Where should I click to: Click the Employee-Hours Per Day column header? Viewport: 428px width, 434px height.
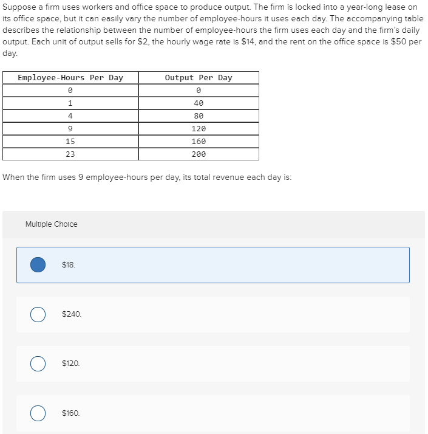70,78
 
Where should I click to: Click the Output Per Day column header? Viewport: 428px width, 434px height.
199,78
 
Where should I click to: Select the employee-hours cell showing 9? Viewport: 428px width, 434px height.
70,129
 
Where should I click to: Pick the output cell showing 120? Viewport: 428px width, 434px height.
199,129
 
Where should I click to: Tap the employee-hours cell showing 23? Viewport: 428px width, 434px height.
70,154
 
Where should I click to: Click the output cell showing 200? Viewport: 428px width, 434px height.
199,154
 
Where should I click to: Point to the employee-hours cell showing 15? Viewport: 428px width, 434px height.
70,142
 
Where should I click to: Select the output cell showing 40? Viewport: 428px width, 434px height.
199,103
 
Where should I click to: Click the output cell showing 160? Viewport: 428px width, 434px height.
199,142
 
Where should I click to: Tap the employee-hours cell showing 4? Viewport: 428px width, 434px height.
70,116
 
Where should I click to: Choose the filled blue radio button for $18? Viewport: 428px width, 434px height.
38,264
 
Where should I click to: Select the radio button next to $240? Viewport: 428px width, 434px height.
38,314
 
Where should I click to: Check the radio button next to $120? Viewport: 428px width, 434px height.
38,363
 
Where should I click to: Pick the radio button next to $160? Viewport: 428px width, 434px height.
38,413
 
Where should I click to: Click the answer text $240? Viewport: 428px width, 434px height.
72,314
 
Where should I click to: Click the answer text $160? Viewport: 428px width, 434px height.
71,413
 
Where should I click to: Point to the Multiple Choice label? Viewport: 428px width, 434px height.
52,224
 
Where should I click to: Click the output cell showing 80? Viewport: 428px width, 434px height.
199,116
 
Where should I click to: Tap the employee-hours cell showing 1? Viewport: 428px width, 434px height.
70,103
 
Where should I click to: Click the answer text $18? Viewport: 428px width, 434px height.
69,264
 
